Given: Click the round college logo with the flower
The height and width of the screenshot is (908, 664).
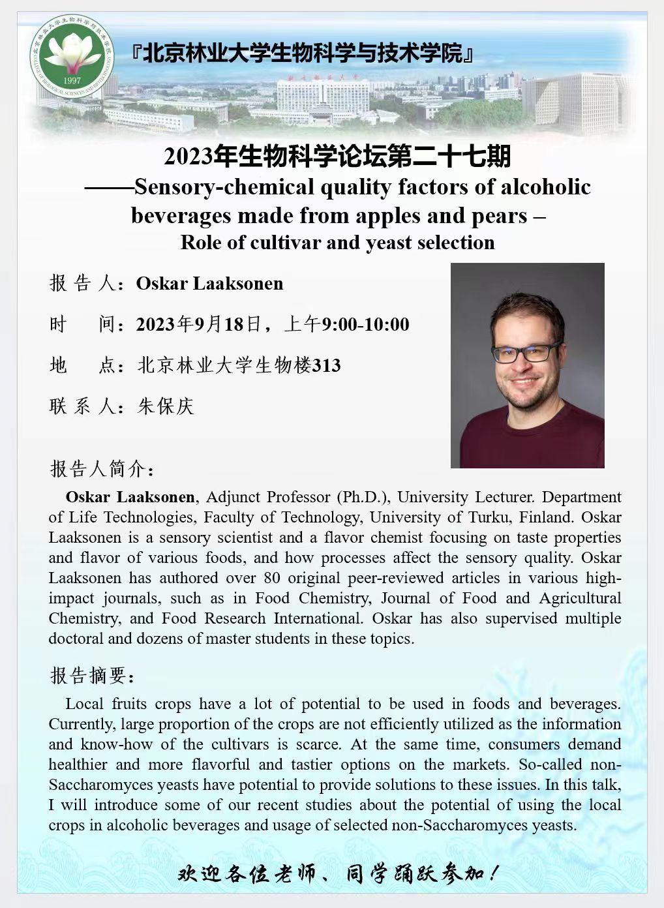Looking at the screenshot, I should (72, 54).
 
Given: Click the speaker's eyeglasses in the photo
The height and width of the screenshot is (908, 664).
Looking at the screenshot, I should (526, 354).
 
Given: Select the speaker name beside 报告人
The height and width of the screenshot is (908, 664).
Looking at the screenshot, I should (209, 284).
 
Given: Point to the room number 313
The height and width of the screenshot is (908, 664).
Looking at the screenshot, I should (327, 365).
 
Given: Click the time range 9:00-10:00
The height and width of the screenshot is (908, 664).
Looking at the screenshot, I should (365, 324).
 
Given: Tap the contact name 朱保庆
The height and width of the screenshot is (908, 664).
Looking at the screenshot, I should (166, 406).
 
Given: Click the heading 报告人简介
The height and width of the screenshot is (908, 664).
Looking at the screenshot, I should (102, 468).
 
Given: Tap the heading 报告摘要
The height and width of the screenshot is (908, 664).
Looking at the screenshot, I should (93, 675).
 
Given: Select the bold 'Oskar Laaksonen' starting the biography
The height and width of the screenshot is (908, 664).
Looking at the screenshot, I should (130, 497).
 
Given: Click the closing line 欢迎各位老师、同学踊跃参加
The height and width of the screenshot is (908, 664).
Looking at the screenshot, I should (339, 873).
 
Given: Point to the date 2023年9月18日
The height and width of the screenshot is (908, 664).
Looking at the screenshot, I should (198, 324).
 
